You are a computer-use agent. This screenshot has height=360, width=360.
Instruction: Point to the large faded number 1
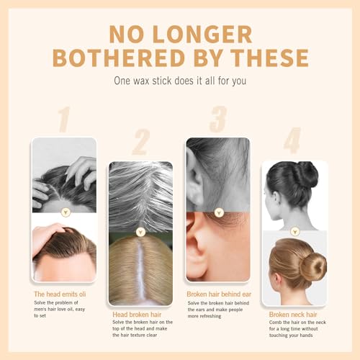click(64, 120)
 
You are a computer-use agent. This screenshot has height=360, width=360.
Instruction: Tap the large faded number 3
click(217, 120)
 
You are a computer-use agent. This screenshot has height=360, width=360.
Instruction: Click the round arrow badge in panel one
click(65, 212)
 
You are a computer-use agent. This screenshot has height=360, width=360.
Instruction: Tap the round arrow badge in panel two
click(140, 233)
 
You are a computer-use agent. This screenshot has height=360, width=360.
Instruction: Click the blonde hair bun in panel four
click(312, 266)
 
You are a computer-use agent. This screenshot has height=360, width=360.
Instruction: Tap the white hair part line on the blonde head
click(141, 277)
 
